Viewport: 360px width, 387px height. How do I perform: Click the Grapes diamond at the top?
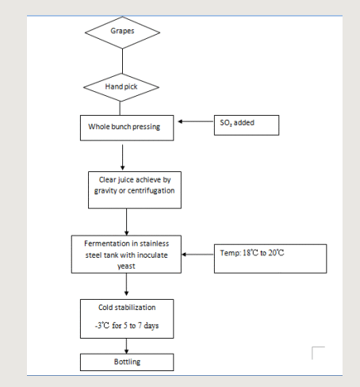pyautogui.click(x=122, y=33)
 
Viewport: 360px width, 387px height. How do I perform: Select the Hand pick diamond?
pyautogui.click(x=121, y=87)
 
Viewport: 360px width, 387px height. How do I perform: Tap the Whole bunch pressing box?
pyautogui.click(x=127, y=128)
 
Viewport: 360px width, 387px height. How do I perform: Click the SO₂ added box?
pyautogui.click(x=247, y=125)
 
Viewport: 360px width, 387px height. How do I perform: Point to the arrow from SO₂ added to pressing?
pyautogui.click(x=196, y=121)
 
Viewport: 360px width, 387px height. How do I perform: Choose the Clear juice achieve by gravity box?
pyautogui.click(x=135, y=190)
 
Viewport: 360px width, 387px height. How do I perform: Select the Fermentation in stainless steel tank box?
pyautogui.click(x=126, y=255)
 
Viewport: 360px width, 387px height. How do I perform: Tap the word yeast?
pyautogui.click(x=126, y=266)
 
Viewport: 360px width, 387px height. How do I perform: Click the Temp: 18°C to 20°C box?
pyautogui.click(x=270, y=259)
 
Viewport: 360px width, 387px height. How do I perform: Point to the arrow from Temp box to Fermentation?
pyautogui.click(x=197, y=255)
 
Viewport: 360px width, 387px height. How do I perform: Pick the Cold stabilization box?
pyautogui.click(x=127, y=319)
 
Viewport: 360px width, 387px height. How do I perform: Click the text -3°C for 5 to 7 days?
pyautogui.click(x=127, y=325)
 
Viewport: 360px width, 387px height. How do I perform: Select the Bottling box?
pyautogui.click(x=127, y=362)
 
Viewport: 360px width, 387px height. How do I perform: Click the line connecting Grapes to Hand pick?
pyautogui.click(x=122, y=61)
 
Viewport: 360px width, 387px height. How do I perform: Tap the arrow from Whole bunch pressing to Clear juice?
pyautogui.click(x=122, y=157)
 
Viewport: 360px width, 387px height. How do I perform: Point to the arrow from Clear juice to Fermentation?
pyautogui.click(x=126, y=222)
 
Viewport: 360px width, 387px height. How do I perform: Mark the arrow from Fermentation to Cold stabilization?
pyautogui.click(x=126, y=285)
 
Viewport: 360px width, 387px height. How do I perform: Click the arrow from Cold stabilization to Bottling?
pyautogui.click(x=126, y=346)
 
